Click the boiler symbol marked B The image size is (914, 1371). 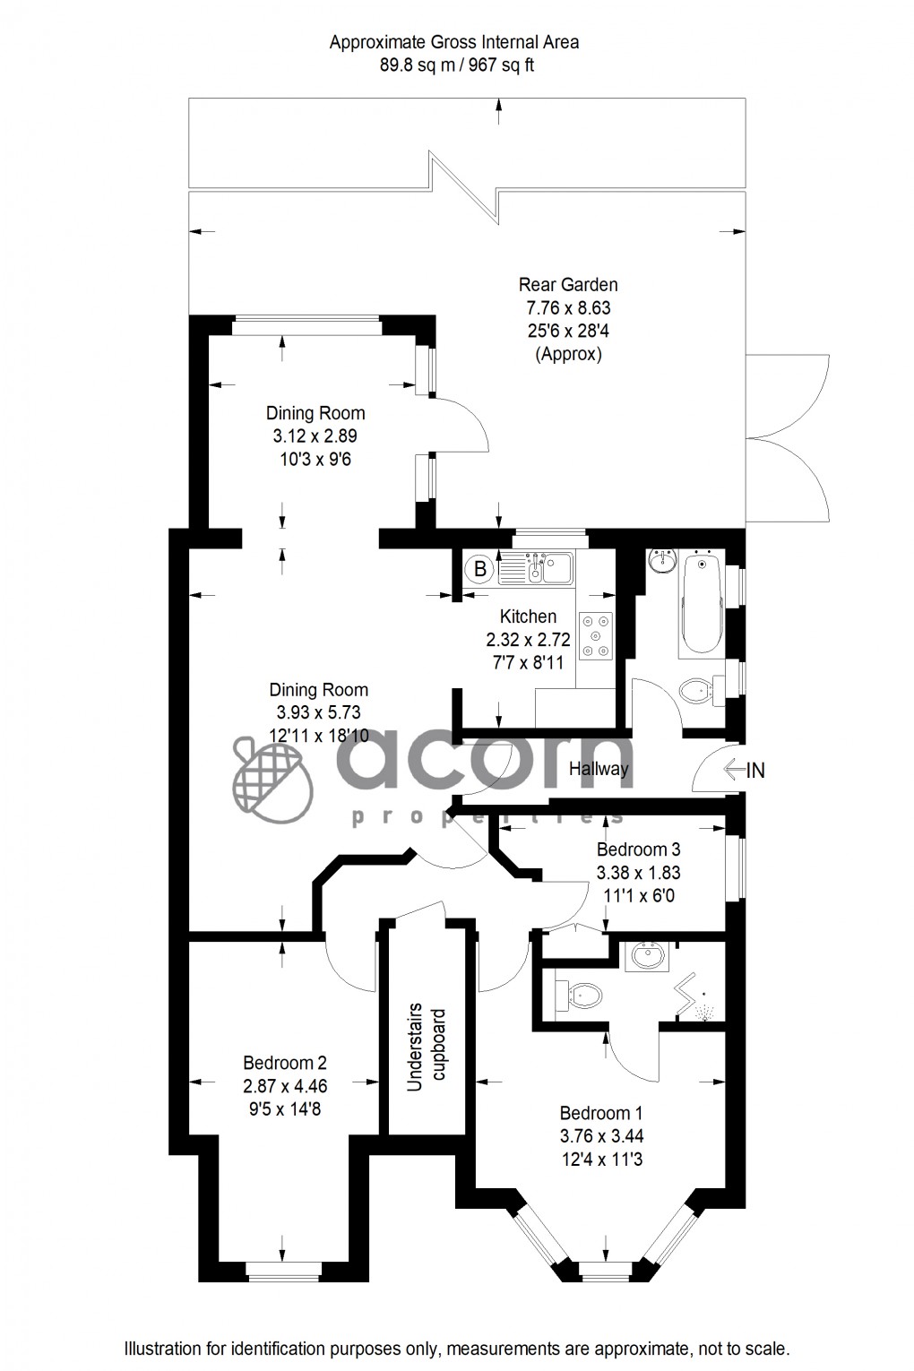point(480,568)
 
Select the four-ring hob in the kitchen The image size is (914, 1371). point(596,635)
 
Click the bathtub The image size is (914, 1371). point(702,604)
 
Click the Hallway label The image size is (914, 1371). point(599,769)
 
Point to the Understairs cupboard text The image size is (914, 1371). point(427,1049)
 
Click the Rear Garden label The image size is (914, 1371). point(568,285)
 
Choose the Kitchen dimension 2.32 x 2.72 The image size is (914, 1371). point(528,640)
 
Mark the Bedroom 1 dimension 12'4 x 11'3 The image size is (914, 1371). point(601,1160)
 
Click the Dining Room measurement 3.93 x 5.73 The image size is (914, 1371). point(318,713)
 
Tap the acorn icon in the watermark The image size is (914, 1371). point(272,779)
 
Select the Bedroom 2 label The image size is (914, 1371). point(285,1063)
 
